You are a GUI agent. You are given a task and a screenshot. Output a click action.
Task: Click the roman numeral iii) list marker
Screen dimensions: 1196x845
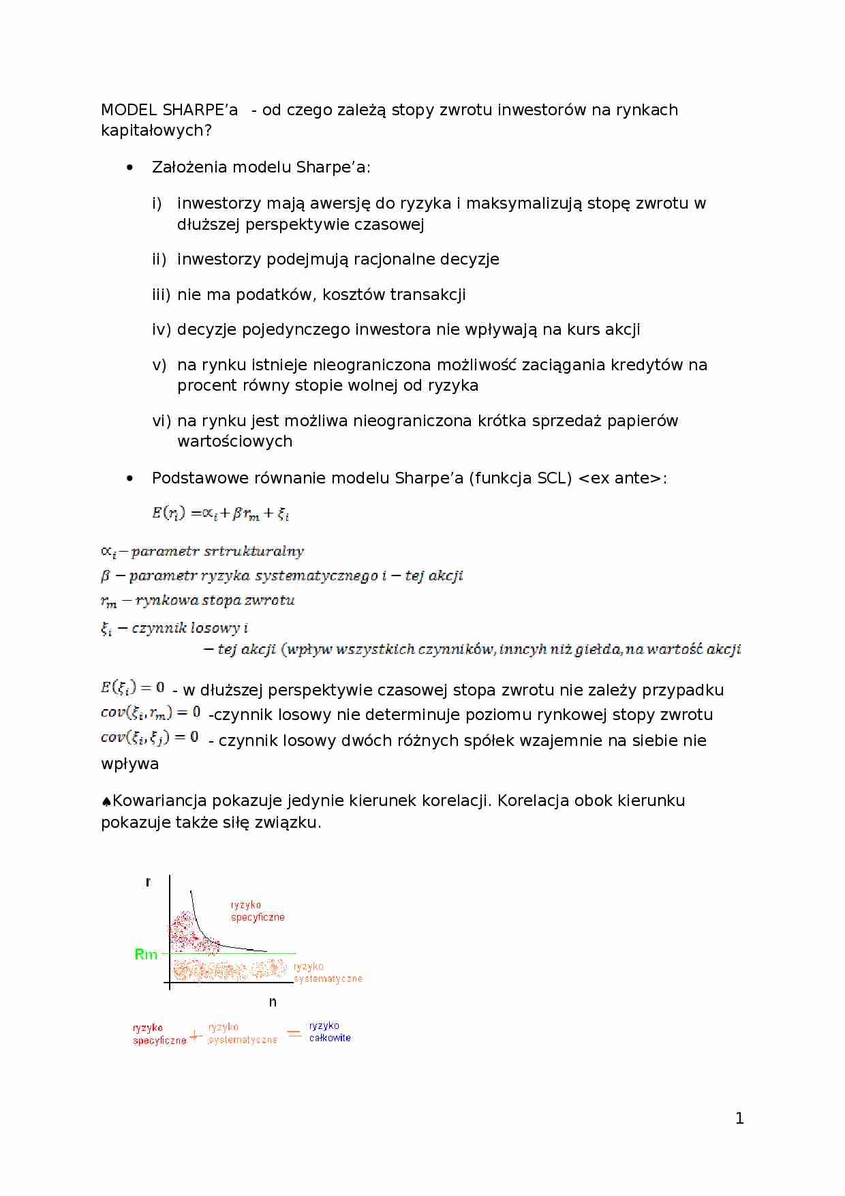point(161,295)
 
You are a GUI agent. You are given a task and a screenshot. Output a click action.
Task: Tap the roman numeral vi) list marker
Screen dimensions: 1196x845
point(162,421)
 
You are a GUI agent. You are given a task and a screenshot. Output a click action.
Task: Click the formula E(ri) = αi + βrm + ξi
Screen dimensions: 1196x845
point(221,513)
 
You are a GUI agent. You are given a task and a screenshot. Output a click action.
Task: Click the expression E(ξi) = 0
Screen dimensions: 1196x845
point(133,687)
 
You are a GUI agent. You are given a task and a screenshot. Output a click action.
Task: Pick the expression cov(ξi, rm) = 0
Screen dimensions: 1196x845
point(151,713)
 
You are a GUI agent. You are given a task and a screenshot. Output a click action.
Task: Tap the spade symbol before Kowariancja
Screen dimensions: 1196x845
point(106,802)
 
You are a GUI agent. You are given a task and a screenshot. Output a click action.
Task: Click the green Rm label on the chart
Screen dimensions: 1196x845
point(146,954)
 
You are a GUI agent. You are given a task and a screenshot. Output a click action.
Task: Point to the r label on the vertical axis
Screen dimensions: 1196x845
point(148,882)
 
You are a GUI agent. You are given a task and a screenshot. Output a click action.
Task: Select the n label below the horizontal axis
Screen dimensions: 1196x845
point(273,1002)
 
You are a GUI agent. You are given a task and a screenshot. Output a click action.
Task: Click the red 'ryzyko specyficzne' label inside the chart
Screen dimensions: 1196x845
point(257,911)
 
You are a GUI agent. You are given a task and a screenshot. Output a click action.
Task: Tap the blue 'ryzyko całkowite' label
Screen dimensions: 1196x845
point(330,1032)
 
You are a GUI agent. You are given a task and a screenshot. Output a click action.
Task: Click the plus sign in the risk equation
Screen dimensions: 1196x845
point(196,1036)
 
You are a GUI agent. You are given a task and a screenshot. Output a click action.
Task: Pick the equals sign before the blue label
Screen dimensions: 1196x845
point(294,1033)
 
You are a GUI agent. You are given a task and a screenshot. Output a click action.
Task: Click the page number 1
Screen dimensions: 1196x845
point(739,1118)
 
